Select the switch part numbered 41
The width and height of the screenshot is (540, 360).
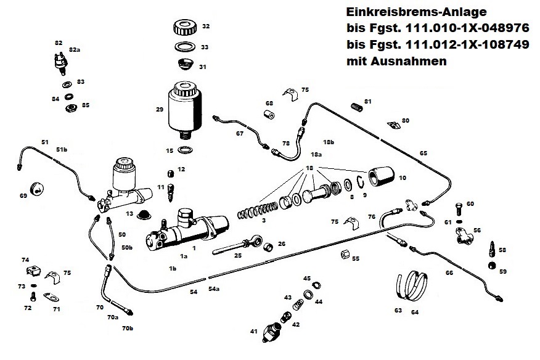tap(270, 333)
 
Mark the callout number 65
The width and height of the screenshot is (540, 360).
tap(423, 153)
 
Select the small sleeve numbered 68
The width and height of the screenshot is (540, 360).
tap(268, 115)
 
